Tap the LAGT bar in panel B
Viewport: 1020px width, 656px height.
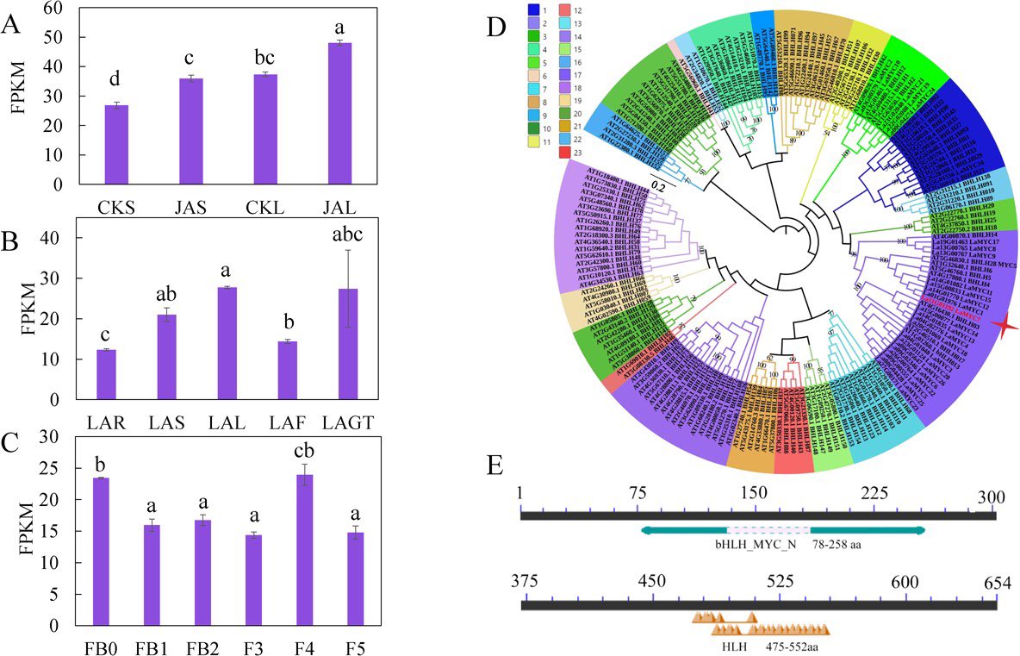tap(352, 344)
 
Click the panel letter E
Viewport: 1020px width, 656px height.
tap(495, 466)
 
